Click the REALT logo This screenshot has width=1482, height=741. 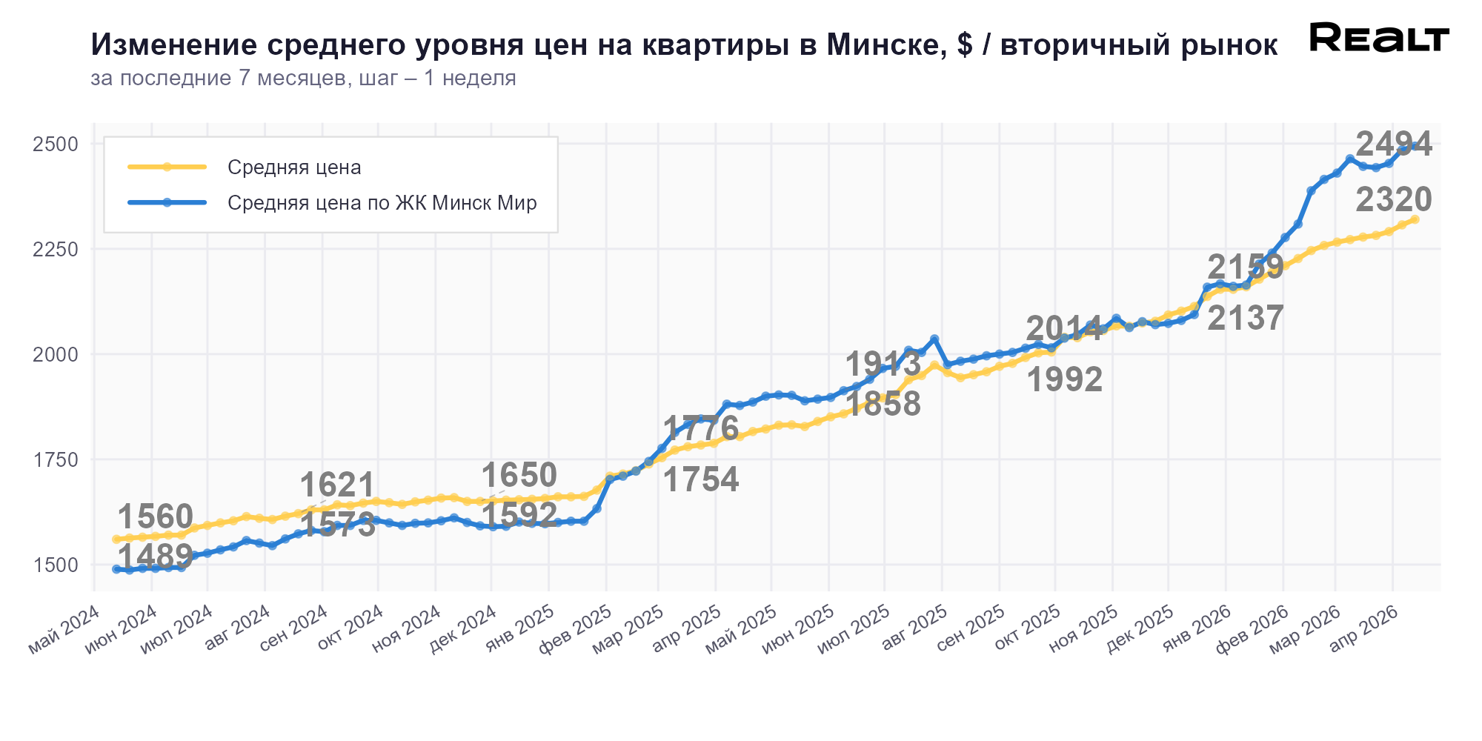click(1379, 37)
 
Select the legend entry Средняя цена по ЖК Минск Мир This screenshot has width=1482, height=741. click(382, 203)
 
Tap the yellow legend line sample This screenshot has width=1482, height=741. click(167, 167)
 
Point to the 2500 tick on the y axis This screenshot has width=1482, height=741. click(56, 144)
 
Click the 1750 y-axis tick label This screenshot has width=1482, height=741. click(56, 460)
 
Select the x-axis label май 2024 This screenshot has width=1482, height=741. click(64, 629)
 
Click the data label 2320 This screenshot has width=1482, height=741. click(1393, 200)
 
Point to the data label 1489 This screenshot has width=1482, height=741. click(156, 555)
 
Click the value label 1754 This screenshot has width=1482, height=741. click(700, 480)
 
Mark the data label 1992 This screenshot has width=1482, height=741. click(1064, 380)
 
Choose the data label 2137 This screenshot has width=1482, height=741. click(1245, 319)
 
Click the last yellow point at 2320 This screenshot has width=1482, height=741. click(1415, 219)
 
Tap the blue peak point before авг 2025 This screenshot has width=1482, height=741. click(934, 339)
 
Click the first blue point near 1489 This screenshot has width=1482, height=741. click(116, 569)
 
